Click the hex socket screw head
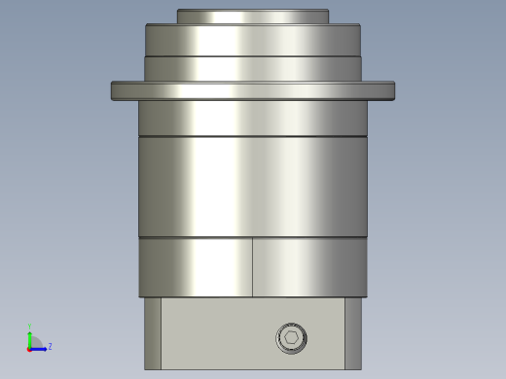[292, 338]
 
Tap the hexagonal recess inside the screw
[292, 338]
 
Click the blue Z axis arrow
[40, 347]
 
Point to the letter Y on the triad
[30, 327]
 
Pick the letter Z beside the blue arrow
[50, 346]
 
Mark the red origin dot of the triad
[30, 348]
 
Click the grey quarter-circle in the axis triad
[35, 342]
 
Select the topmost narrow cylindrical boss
[252, 17]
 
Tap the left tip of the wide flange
[115, 90]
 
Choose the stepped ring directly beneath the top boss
[252, 40]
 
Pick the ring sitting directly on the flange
[252, 68]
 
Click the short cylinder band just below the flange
[252, 118]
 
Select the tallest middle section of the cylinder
[252, 186]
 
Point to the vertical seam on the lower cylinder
[253, 267]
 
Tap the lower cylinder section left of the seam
[195, 267]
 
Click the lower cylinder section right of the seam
[309, 267]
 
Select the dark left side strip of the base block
[153, 333]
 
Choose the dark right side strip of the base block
[352, 333]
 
